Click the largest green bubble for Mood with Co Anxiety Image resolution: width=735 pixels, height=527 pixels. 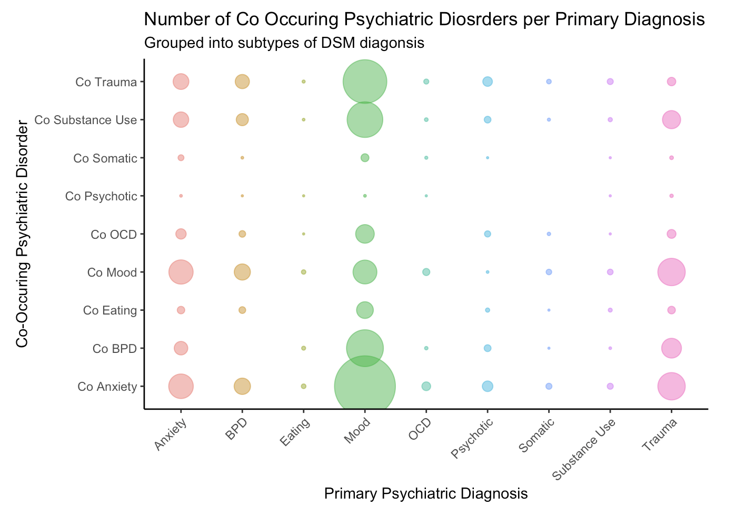[365, 387]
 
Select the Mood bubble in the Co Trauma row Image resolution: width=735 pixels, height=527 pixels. [365, 82]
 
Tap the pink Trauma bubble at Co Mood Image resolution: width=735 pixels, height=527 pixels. [671, 272]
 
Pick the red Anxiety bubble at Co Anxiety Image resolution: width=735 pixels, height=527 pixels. [181, 387]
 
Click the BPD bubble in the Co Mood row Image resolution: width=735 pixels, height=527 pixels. [242, 272]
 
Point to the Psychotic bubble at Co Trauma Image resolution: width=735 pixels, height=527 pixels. [488, 82]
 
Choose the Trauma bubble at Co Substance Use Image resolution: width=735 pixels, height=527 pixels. [671, 120]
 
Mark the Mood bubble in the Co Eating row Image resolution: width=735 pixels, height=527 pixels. [365, 310]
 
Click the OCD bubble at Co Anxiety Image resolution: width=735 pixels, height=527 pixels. [426, 387]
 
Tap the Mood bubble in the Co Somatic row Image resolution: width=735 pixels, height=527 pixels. [365, 158]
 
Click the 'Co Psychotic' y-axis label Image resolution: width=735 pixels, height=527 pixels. [101, 196]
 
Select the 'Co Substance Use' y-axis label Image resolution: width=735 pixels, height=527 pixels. [86, 120]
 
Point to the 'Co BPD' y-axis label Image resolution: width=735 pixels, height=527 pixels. [115, 348]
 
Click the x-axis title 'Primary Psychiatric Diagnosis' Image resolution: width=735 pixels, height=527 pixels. [426, 493]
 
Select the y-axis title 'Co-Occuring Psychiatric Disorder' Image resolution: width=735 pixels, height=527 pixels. [22, 234]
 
